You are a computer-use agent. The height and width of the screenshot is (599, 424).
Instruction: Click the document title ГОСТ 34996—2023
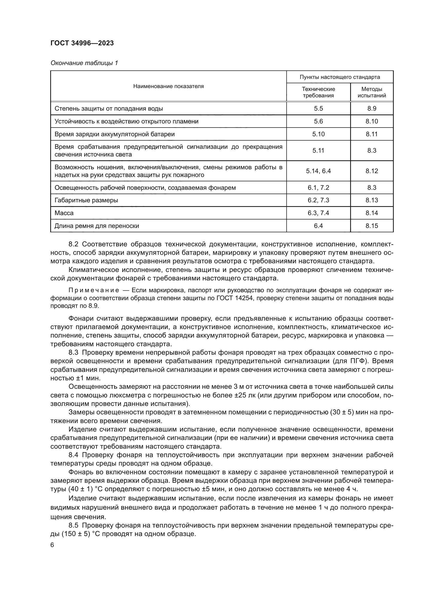click(x=82, y=43)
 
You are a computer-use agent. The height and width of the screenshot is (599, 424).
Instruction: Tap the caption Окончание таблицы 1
click(x=84, y=63)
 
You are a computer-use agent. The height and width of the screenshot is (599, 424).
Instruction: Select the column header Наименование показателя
click(x=168, y=86)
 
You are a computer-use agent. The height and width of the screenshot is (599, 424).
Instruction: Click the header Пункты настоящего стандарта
click(x=340, y=77)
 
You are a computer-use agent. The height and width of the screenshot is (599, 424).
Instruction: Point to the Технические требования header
click(x=318, y=92)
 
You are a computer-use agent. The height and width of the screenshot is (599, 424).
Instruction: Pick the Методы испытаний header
click(x=371, y=92)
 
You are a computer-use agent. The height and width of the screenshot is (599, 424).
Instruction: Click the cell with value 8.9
click(x=371, y=109)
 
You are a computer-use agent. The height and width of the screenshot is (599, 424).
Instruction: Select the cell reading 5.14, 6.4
click(x=318, y=171)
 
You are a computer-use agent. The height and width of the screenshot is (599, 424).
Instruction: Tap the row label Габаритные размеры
click(x=86, y=200)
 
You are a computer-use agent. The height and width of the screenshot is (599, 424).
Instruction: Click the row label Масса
click(x=64, y=213)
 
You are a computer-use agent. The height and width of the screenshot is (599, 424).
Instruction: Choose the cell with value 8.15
click(x=371, y=226)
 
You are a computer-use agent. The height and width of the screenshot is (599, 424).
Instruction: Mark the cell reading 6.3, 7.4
click(x=318, y=213)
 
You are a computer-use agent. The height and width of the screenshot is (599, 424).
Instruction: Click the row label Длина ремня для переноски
click(x=97, y=226)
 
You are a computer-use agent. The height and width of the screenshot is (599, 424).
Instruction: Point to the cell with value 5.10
click(x=318, y=134)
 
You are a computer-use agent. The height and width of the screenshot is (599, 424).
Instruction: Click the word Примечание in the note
click(x=94, y=291)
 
